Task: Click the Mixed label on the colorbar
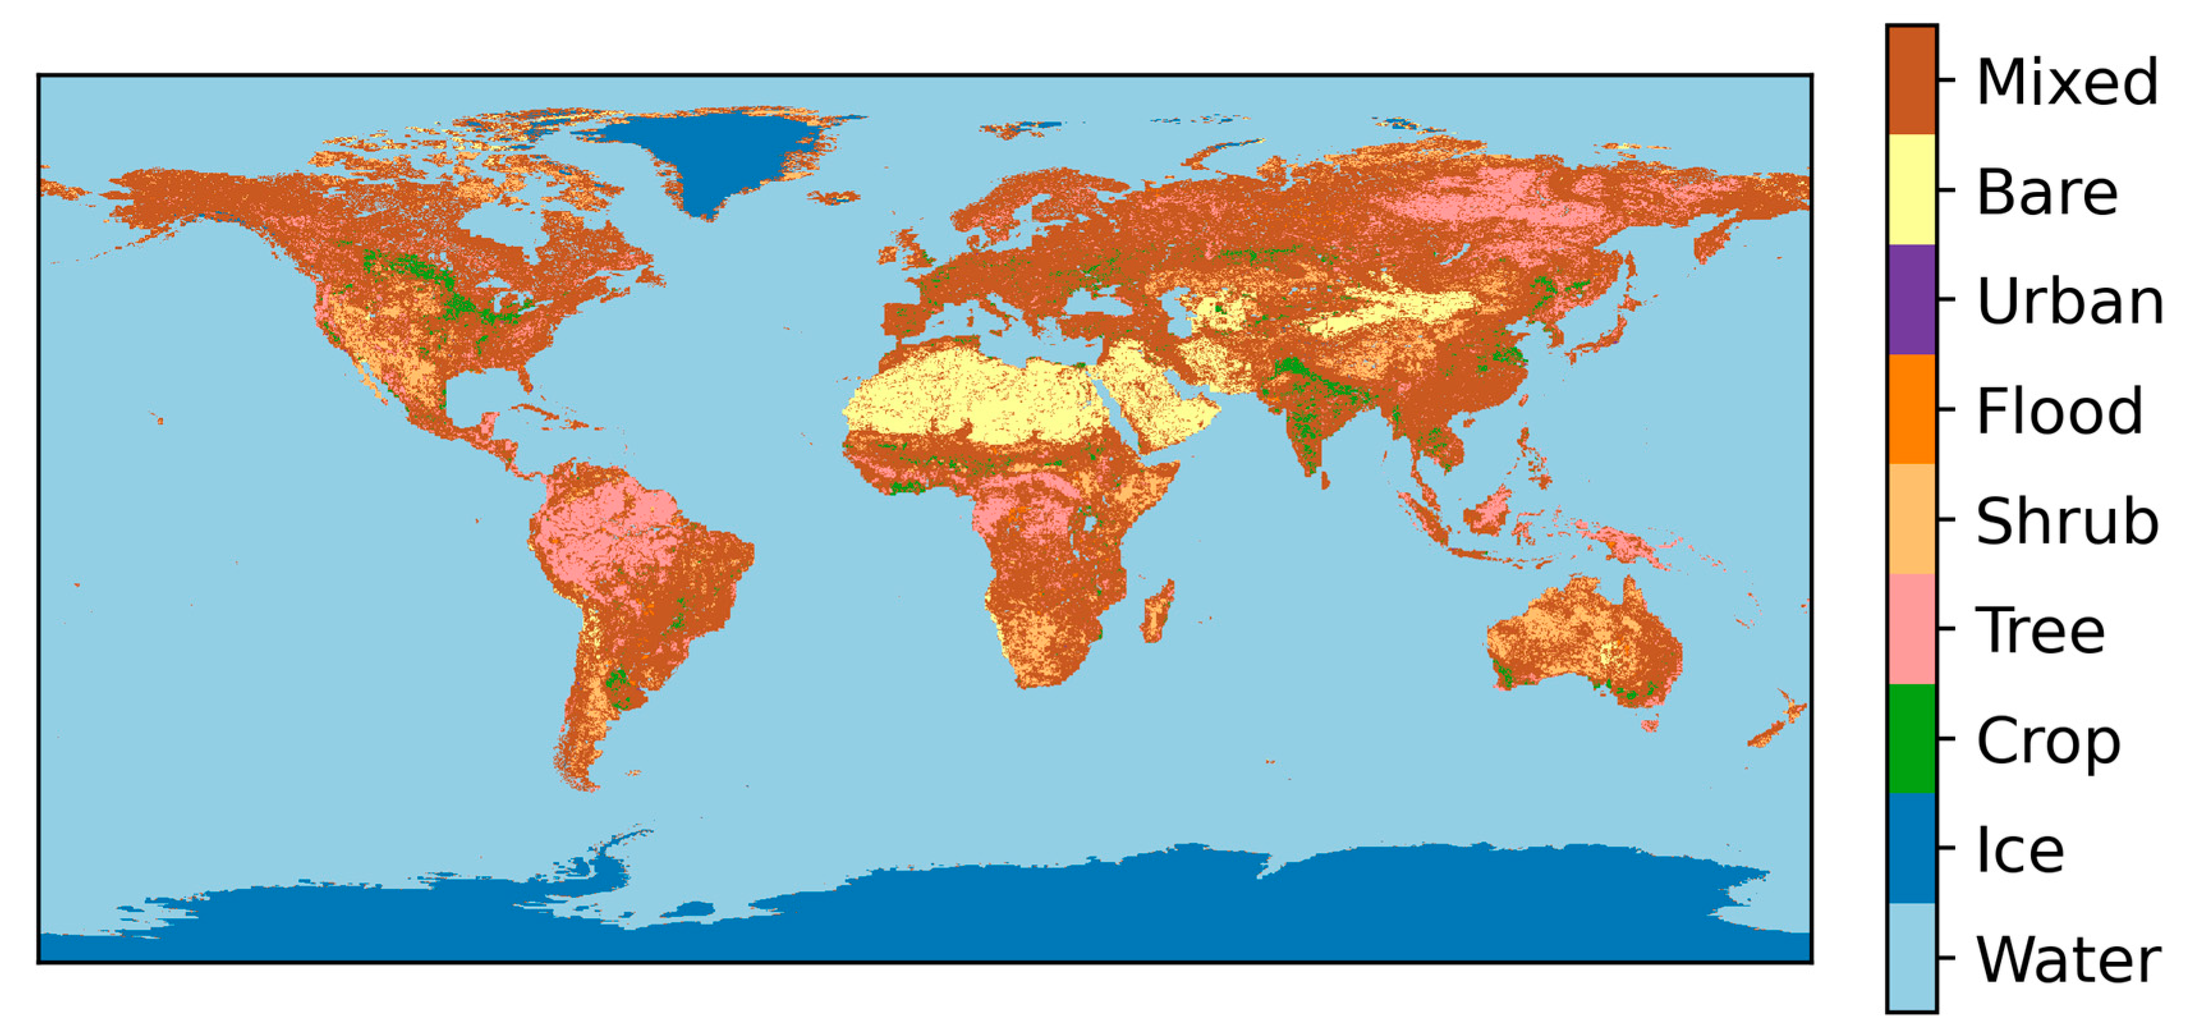[2067, 82]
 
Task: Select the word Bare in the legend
[2047, 192]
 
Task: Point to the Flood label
[2059, 412]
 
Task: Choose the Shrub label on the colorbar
[2067, 521]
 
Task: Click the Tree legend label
[2041, 630]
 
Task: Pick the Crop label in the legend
[2049, 741]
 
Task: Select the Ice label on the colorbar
[2020, 849]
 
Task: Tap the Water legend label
[2068, 960]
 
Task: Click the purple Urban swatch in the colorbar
[1911, 300]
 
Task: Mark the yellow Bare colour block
[1911, 190]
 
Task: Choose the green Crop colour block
[1911, 739]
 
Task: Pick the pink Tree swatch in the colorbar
[1911, 629]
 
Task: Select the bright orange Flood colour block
[1911, 409]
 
